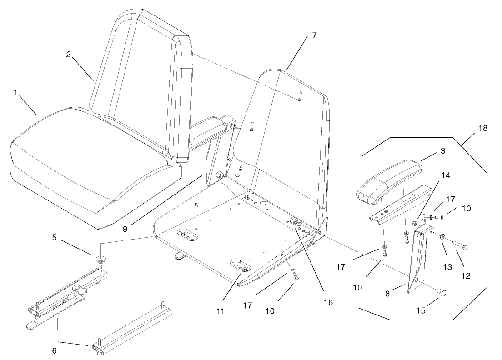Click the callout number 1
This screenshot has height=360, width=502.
[15, 92]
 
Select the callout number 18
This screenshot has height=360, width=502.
[482, 128]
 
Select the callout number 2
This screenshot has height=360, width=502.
[68, 54]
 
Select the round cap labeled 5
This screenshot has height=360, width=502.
[100, 260]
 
